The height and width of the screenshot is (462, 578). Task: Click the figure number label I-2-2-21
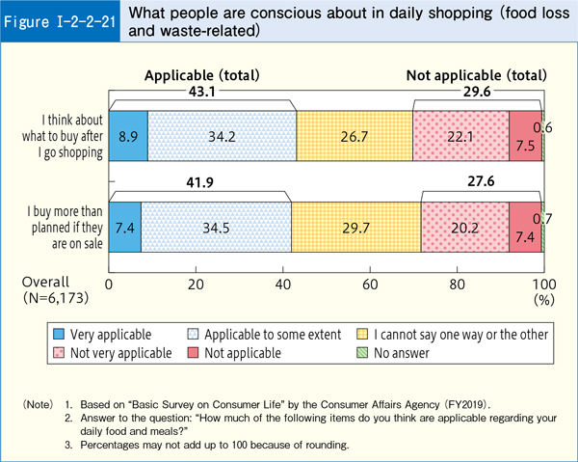(60, 20)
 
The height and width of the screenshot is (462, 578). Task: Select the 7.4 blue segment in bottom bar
(124, 228)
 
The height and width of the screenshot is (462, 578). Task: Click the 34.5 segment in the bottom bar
(216, 228)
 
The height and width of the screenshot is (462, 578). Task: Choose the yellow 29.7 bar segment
(355, 228)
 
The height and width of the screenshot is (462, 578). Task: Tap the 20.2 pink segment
(464, 228)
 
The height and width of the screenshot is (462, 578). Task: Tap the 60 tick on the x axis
(370, 285)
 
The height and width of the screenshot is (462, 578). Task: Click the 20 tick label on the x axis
(196, 285)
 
